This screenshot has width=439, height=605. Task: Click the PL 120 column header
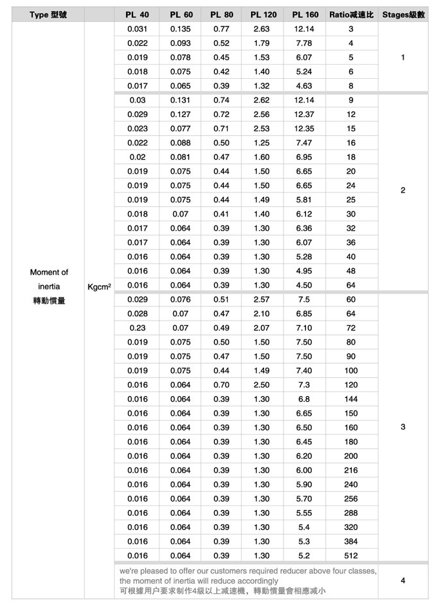click(x=263, y=15)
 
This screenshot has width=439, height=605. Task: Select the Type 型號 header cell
click(x=48, y=15)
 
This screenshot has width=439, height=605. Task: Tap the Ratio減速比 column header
click(x=351, y=15)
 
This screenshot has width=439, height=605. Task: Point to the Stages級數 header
click(x=403, y=15)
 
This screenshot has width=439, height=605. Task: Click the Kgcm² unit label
click(x=99, y=286)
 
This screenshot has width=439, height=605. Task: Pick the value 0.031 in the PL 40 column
click(x=138, y=29)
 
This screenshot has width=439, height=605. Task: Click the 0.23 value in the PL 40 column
click(x=138, y=328)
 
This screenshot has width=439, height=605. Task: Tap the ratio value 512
click(x=351, y=555)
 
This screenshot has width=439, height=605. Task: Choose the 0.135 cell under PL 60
click(x=181, y=29)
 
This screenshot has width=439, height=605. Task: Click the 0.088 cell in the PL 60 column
click(x=181, y=143)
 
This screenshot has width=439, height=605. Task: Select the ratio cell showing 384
click(x=351, y=541)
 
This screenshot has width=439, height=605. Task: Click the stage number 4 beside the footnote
click(x=403, y=580)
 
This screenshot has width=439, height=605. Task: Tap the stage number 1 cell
click(x=403, y=58)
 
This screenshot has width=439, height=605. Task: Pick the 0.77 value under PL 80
click(x=221, y=29)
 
